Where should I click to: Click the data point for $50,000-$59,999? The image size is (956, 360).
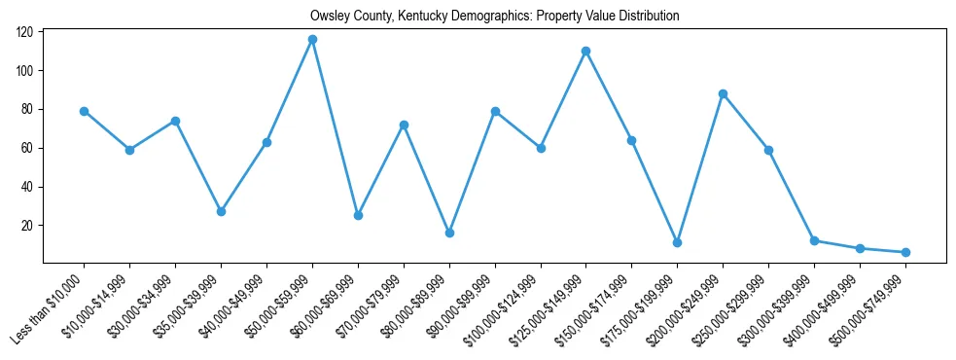coord(312,39)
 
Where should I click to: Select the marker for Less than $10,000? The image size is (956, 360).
coord(84,111)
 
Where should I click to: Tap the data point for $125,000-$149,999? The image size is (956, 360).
coord(586,51)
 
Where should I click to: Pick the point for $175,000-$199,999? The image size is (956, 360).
coord(678,242)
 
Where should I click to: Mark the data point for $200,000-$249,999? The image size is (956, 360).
coord(724,93)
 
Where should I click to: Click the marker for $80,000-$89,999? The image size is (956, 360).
coord(449,233)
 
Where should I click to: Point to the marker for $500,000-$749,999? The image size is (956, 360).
coord(906,252)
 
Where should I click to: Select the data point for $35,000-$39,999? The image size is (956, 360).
coord(221,211)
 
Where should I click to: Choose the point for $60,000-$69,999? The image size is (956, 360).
coord(358,215)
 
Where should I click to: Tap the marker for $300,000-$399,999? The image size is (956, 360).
coord(815,240)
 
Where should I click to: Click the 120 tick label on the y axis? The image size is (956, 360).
coord(24,32)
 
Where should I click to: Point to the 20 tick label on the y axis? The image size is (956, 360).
coord(27,226)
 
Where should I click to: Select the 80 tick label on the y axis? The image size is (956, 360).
coord(27,109)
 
